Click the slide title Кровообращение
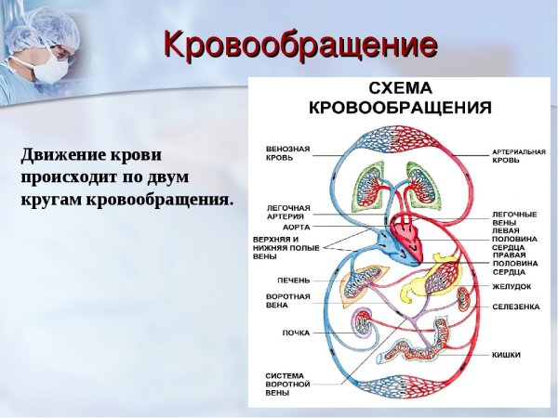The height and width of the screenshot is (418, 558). (299, 45)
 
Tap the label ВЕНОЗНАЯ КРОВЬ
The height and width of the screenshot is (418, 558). (288, 152)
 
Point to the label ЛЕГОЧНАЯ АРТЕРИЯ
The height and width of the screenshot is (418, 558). (288, 212)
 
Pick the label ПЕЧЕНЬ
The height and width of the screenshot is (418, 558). (293, 280)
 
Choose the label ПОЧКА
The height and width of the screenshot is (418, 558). (296, 333)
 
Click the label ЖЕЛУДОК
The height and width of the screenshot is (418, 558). (513, 286)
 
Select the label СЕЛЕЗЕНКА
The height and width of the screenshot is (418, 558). (516, 307)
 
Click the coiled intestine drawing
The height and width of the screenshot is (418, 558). (424, 343)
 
